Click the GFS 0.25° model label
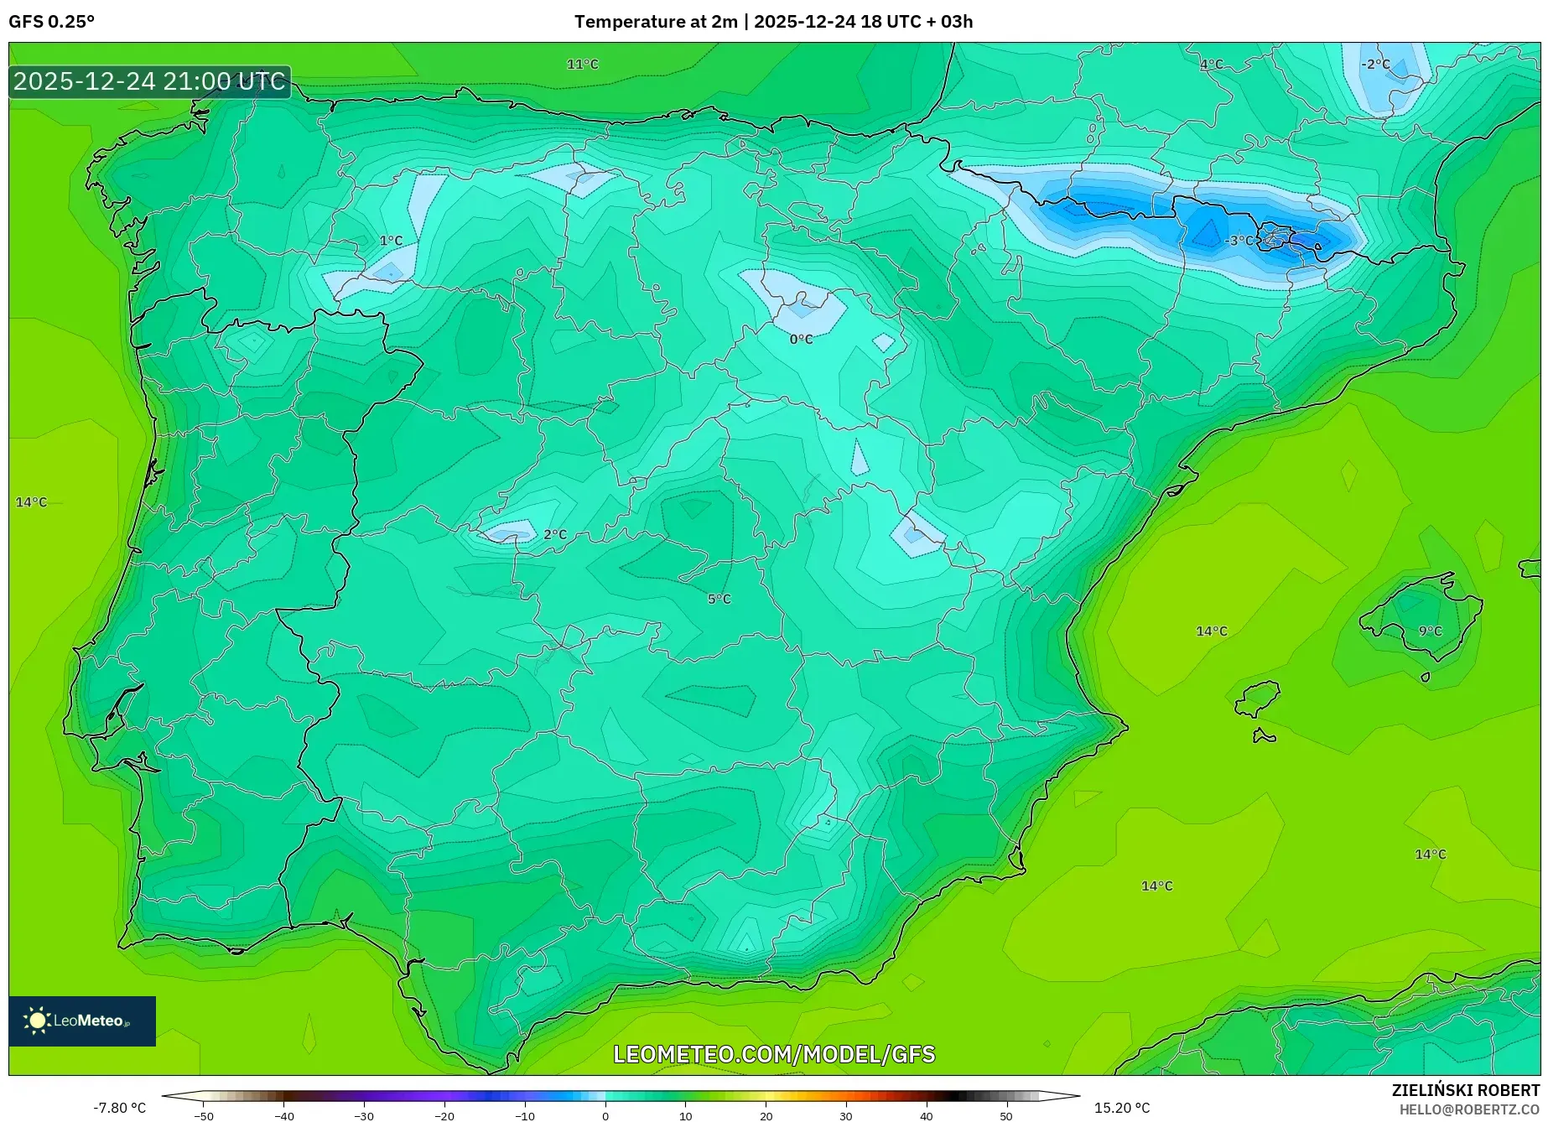tap(51, 22)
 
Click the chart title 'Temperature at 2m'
tap(655, 22)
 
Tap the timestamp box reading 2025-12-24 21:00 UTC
tap(149, 81)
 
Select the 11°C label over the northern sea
tap(582, 65)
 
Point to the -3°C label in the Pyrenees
tap(1239, 241)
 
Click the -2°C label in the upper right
tap(1375, 65)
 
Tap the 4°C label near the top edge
tap(1211, 65)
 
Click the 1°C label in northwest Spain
tap(391, 241)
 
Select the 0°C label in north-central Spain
tap(801, 340)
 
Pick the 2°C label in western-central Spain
tap(555, 534)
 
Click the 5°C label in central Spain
tap(719, 599)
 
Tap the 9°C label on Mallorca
tap(1430, 631)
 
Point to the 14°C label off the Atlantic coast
tap(32, 502)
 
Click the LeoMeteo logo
tap(82, 1021)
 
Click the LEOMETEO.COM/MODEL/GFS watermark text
tap(773, 1054)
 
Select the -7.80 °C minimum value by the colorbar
tap(119, 1108)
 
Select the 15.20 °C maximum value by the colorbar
tap(1121, 1108)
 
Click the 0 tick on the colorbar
tap(605, 1115)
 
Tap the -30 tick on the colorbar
tap(364, 1115)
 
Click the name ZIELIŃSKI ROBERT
tap(1465, 1090)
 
